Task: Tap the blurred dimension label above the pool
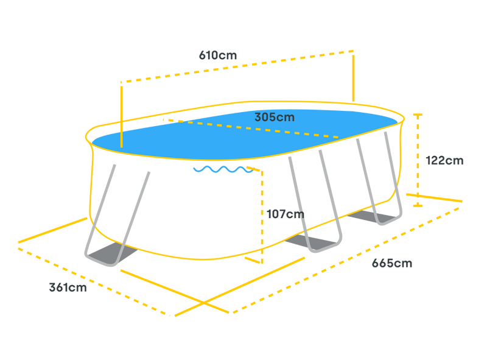click(x=217, y=55)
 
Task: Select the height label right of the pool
click(x=445, y=160)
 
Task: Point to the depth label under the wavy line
click(x=285, y=214)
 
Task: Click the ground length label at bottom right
click(x=392, y=263)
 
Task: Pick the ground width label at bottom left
click(x=68, y=288)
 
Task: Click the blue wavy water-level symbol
click(x=222, y=169)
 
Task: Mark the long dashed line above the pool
click(x=237, y=66)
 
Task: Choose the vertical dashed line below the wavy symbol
click(x=262, y=213)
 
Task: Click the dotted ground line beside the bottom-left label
click(x=91, y=280)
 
